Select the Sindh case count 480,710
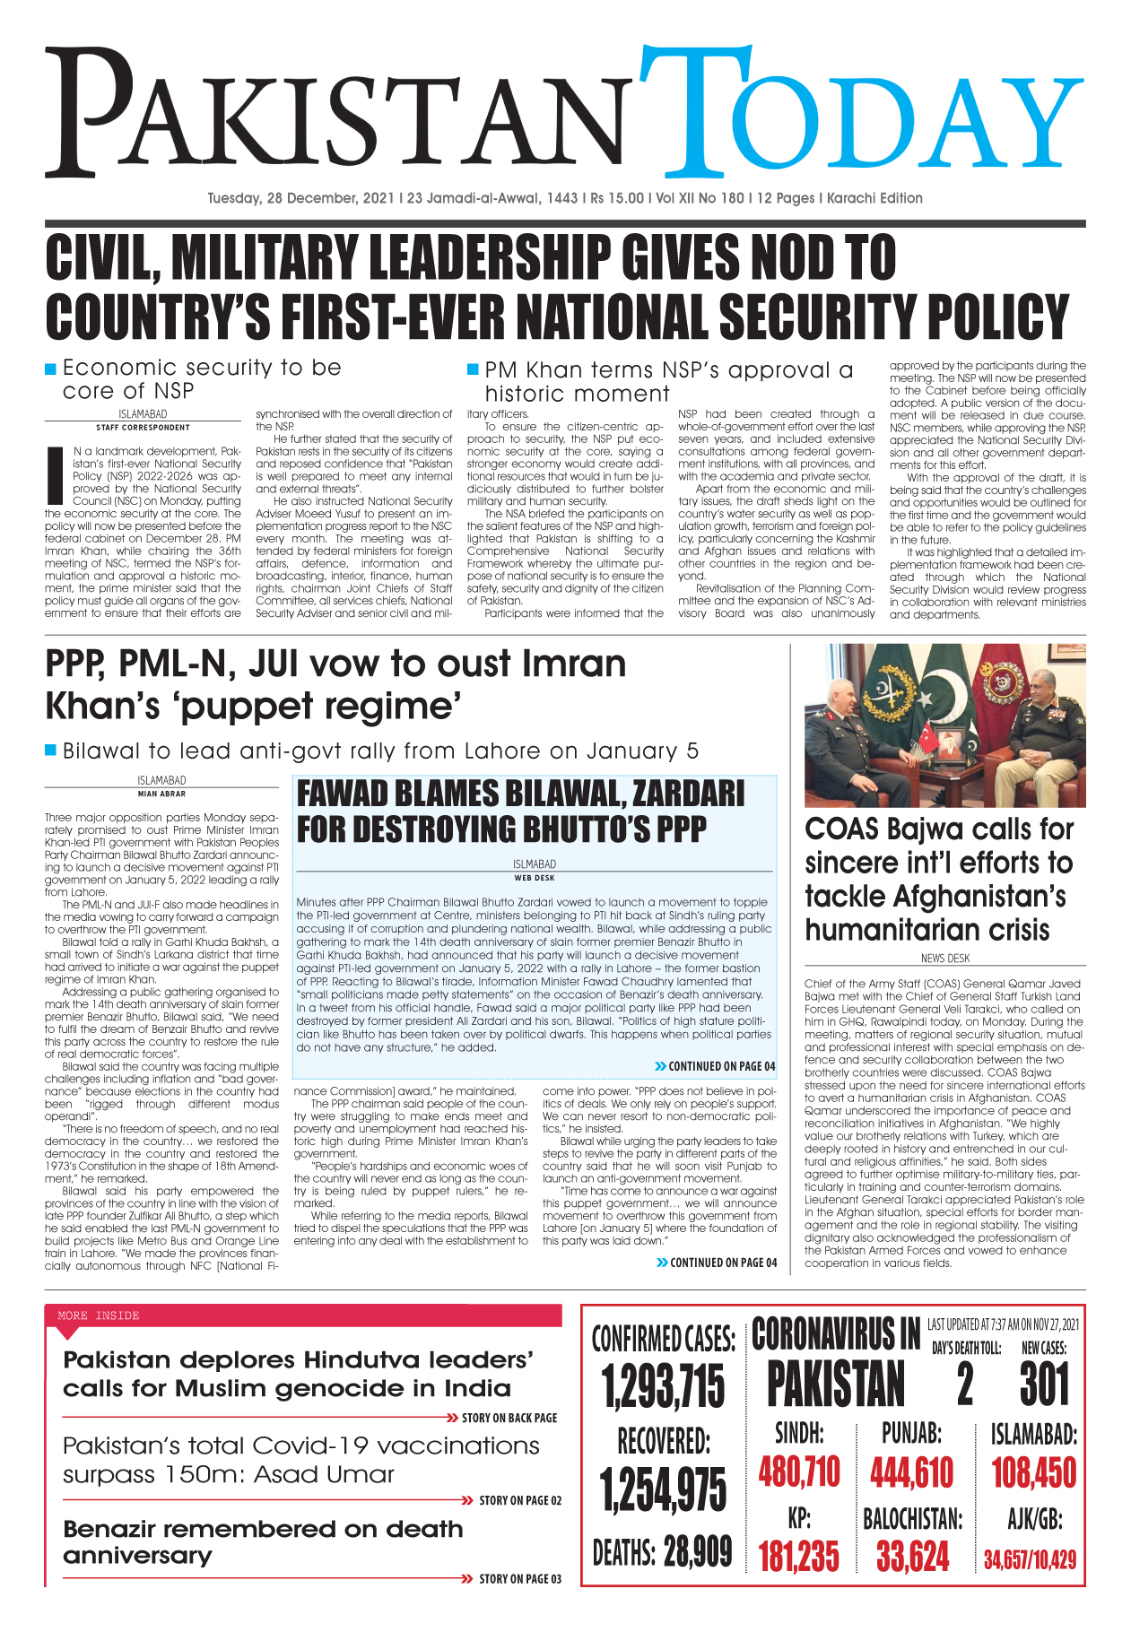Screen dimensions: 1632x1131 pyautogui.click(x=799, y=1472)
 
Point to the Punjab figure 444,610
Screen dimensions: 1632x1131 pyautogui.click(x=911, y=1472)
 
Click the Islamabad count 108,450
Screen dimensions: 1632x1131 pyautogui.click(x=1033, y=1472)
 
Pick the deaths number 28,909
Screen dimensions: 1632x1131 pyautogui.click(x=698, y=1552)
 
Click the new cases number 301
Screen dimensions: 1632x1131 pyautogui.click(x=1045, y=1385)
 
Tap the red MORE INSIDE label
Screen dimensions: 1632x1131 pyautogui.click(x=99, y=1315)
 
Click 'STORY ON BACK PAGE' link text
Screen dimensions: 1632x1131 pyautogui.click(x=509, y=1418)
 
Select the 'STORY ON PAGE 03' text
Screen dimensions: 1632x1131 pyautogui.click(x=519, y=1579)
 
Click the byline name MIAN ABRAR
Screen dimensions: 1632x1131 pyautogui.click(x=161, y=794)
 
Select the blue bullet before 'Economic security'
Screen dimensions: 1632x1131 pyautogui.click(x=51, y=369)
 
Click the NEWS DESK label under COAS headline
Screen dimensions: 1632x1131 pyautogui.click(x=944, y=959)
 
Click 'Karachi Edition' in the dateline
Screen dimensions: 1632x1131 pyautogui.click(x=874, y=198)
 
